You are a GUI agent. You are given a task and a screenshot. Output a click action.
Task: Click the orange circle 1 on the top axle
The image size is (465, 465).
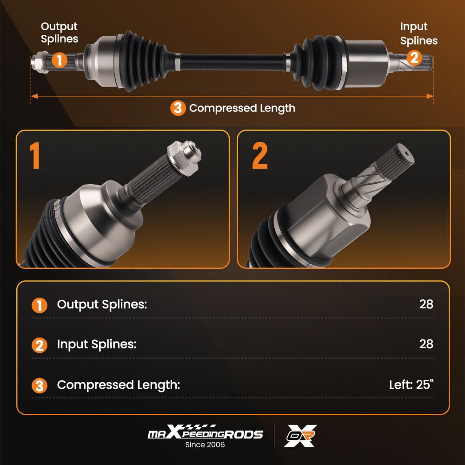(x=59, y=60)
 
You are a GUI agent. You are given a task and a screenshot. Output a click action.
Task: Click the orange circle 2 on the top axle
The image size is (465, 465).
(x=414, y=58)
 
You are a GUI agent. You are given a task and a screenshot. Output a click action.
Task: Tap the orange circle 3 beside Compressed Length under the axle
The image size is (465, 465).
(x=178, y=108)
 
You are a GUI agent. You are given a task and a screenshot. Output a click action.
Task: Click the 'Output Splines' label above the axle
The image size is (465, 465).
(x=59, y=33)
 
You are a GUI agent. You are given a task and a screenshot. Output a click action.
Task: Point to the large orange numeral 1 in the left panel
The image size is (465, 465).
(x=35, y=156)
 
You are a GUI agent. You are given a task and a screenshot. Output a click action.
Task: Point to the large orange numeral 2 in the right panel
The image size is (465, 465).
(x=259, y=156)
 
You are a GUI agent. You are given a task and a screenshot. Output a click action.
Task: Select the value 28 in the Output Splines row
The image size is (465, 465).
(x=426, y=305)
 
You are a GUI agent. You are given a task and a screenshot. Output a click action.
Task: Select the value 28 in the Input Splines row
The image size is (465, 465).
(x=426, y=344)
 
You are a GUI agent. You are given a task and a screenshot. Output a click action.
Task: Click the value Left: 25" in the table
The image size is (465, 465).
(x=411, y=385)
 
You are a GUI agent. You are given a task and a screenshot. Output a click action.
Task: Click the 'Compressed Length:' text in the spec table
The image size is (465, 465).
(x=118, y=385)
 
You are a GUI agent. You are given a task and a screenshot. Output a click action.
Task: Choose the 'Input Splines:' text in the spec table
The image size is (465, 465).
(x=96, y=345)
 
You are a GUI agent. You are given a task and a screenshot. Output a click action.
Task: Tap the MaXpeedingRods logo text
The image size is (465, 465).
(x=205, y=434)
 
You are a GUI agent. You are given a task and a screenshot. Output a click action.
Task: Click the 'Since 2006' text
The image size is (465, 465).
(x=205, y=445)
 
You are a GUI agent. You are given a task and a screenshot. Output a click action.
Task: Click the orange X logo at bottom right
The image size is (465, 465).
(x=300, y=436)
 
